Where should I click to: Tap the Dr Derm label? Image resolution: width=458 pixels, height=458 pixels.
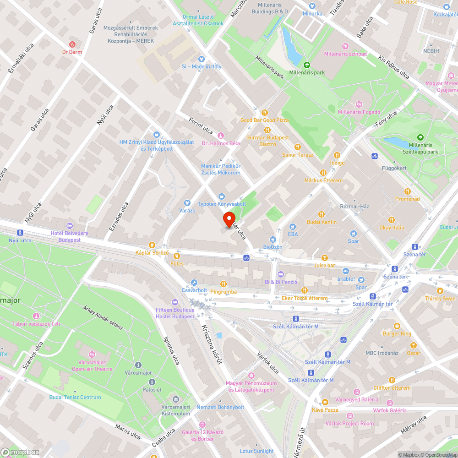72,52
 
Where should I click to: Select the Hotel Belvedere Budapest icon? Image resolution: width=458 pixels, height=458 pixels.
69,226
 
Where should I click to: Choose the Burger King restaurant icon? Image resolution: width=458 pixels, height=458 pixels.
397,326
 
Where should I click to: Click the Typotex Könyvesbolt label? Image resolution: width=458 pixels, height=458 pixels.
222,204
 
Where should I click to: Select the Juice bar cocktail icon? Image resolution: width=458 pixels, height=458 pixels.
325,257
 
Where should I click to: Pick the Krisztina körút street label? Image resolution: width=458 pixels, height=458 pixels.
212,344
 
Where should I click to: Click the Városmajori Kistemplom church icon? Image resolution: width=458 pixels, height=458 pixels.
175,399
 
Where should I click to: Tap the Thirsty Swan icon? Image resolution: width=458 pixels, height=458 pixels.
441,291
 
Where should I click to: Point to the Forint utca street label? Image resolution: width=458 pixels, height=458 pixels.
201,126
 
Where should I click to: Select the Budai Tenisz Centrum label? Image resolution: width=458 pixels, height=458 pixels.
75,397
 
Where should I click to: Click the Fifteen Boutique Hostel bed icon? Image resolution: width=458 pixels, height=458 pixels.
174,302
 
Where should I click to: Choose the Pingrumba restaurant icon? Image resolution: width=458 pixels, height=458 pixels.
224,284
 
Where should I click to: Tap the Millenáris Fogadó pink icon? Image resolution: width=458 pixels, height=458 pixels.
359,104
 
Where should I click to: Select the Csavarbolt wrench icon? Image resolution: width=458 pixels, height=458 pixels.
194,283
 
